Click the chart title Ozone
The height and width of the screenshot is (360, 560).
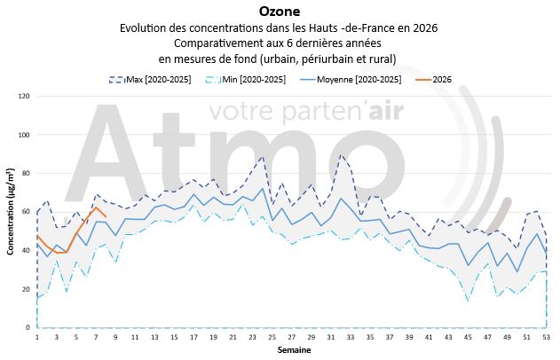[280, 12]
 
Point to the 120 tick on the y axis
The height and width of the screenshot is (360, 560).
[24, 96]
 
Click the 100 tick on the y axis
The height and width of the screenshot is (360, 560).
[24, 135]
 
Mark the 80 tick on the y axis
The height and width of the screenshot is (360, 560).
[26, 174]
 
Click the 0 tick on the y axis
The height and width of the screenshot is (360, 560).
[28, 328]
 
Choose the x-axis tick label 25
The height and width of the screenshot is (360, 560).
[271, 338]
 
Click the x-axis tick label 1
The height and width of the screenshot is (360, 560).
[37, 338]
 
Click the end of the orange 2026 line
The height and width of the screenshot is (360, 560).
[106, 216]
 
